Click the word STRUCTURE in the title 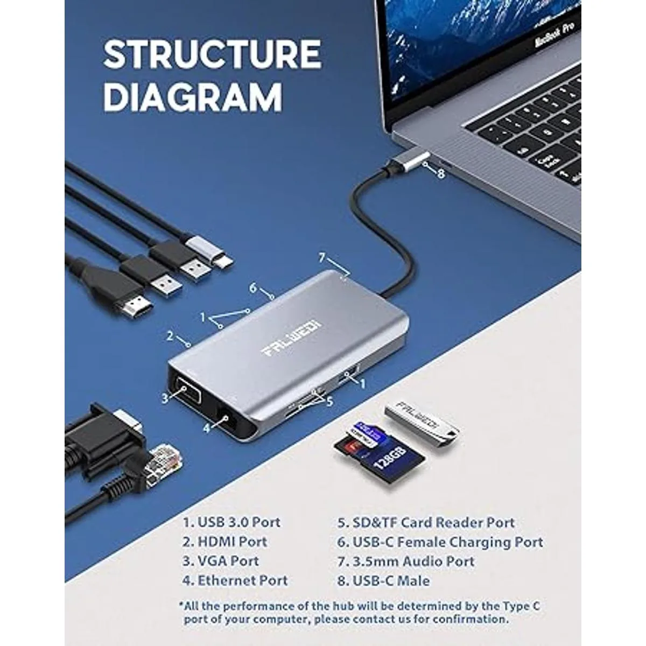point(212,54)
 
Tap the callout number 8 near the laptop point(441,173)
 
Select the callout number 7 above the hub point(322,257)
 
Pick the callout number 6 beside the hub point(253,288)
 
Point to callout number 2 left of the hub point(170,336)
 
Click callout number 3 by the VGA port point(165,398)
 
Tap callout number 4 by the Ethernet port point(207,427)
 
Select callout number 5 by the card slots point(329,401)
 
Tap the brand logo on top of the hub point(291,339)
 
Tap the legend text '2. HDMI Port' point(224,542)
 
